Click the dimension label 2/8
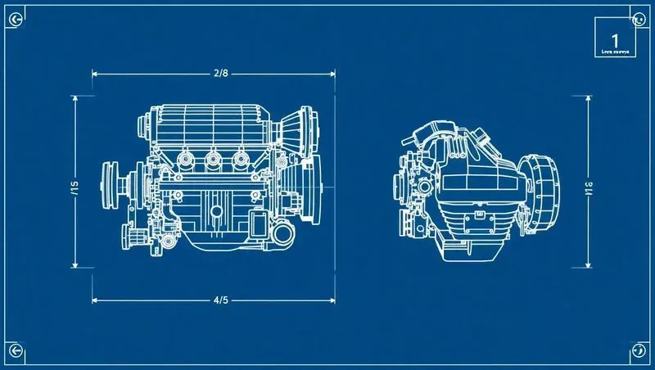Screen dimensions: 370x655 [x=220, y=74]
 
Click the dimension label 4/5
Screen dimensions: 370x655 [x=220, y=300]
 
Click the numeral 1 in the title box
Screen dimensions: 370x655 [x=614, y=38]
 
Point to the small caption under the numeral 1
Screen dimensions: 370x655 [x=613, y=51]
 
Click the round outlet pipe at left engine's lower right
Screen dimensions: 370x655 [x=283, y=236]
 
